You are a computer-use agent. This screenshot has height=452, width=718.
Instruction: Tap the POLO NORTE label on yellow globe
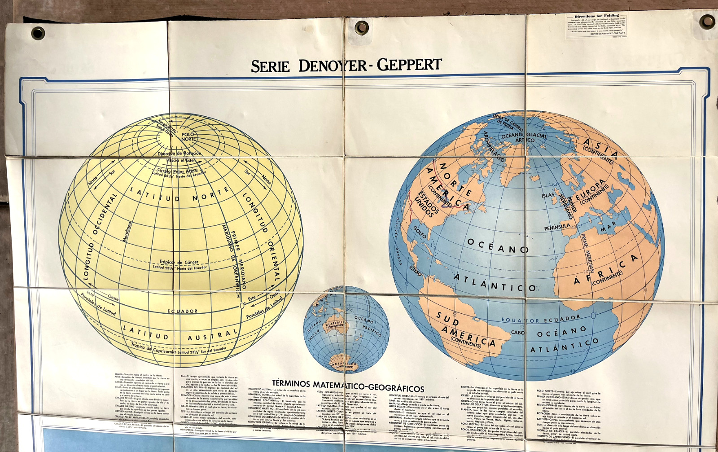[188, 136]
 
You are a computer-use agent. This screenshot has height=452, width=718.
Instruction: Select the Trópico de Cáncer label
[179, 262]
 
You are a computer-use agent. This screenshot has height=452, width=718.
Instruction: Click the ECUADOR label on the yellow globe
[183, 311]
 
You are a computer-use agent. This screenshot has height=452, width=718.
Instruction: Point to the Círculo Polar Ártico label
[178, 171]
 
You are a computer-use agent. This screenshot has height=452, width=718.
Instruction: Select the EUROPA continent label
[591, 190]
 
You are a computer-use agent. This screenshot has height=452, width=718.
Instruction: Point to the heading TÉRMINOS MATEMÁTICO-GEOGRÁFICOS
[348, 386]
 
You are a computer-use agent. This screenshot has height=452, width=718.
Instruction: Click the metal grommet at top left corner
[38, 33]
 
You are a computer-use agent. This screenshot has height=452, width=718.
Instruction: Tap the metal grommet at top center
[362, 27]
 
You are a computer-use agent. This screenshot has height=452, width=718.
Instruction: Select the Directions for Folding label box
[596, 25]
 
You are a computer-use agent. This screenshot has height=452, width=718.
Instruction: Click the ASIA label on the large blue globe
[601, 148]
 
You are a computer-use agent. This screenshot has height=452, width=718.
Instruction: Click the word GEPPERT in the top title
[409, 65]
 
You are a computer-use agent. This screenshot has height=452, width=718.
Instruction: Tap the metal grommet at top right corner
[707, 21]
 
